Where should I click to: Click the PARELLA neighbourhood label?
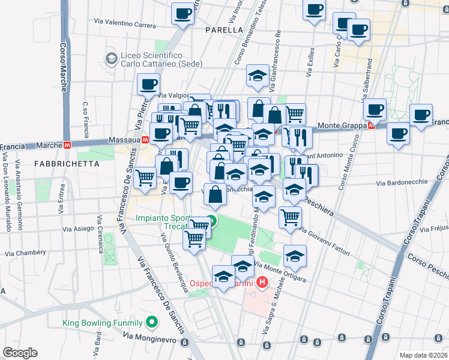click(x=223, y=29)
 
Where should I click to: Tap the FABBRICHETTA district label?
click(x=58, y=163)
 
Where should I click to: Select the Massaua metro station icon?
click(x=145, y=140)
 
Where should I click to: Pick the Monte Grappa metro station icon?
click(x=371, y=125)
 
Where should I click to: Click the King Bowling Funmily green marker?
click(x=152, y=323)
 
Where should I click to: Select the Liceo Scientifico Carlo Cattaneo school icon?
click(x=111, y=59)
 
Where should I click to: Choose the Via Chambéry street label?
click(x=25, y=254)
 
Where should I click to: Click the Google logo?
click(x=20, y=352)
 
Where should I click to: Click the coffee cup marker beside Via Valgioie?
click(x=148, y=85)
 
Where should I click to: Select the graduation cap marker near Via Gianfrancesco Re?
click(x=258, y=76)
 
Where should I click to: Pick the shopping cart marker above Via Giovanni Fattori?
click(x=290, y=217)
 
